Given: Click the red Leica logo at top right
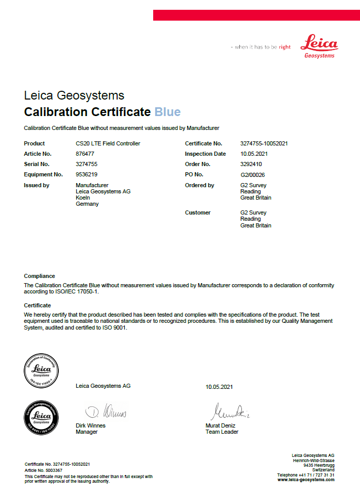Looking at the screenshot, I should [x=319, y=46].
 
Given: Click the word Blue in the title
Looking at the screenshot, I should [x=167, y=112].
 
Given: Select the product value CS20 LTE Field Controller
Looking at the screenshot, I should [x=108, y=143].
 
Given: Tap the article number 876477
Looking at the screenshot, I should [x=85, y=154].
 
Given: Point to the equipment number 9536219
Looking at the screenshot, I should [x=87, y=174].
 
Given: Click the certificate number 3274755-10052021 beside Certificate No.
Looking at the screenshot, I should [x=264, y=143].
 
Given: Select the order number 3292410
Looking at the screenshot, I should [x=251, y=164].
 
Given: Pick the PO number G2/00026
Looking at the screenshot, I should [x=252, y=175].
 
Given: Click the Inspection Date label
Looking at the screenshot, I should [x=205, y=154].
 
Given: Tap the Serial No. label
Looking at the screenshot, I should [x=37, y=164].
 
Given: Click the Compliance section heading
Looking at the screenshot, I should [x=39, y=276].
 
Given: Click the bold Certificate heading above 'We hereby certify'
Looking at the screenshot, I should [x=37, y=305].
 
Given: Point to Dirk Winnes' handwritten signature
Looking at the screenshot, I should [x=106, y=412].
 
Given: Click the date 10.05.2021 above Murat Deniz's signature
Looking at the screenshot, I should [x=219, y=386].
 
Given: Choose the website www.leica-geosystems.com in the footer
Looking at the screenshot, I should [x=306, y=480].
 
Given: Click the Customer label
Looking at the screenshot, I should [x=198, y=212].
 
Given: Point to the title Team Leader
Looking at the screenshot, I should [x=222, y=432].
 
